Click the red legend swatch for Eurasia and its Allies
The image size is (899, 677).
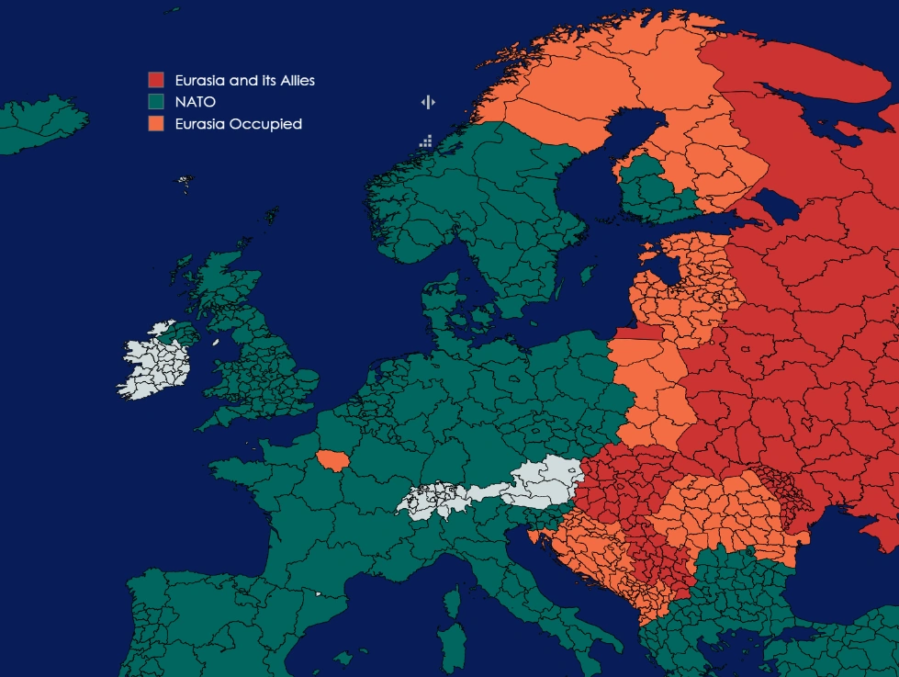(x=155, y=81)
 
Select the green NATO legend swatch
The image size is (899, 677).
(x=155, y=102)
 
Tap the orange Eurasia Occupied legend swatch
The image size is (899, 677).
(x=155, y=124)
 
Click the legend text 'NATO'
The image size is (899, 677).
(x=195, y=102)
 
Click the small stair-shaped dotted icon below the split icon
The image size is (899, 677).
(x=426, y=141)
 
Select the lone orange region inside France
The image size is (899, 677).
(x=332, y=460)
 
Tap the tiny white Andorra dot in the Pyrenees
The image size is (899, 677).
(x=319, y=594)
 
